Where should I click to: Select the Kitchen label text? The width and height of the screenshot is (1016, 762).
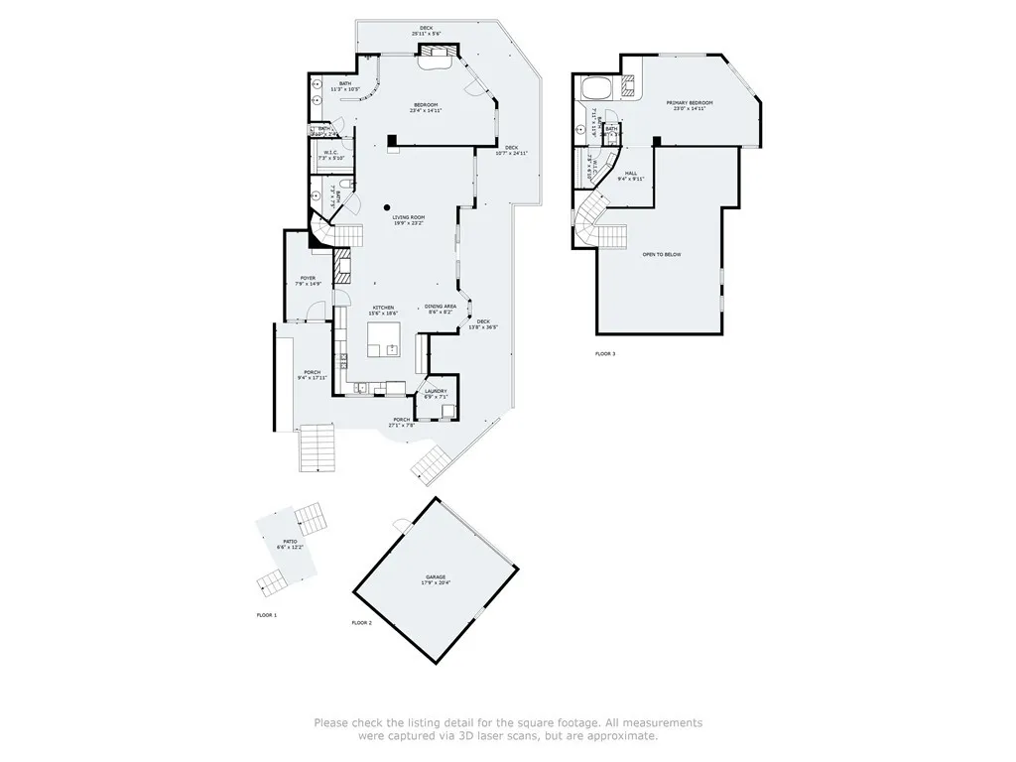[384, 310]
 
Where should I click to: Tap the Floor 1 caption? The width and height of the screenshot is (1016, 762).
[267, 616]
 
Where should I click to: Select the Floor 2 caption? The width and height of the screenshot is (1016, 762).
[361, 623]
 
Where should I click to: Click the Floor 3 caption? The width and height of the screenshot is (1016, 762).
[605, 354]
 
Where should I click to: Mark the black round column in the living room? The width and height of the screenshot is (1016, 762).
[387, 207]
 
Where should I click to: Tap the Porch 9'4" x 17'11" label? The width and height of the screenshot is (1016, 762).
[312, 375]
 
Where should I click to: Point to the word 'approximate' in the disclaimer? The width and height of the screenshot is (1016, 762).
[621, 736]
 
